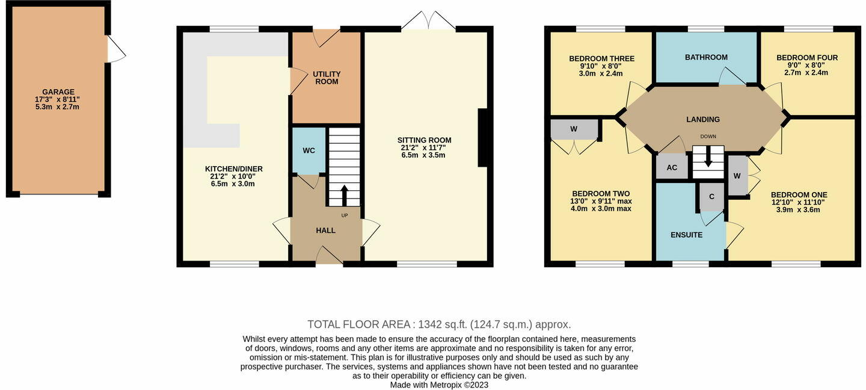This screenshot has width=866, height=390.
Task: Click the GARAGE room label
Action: (58, 91)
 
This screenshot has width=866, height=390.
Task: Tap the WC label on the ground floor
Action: (309, 150)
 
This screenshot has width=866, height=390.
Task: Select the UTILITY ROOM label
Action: (327, 78)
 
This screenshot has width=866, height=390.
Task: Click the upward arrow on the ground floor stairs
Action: (345, 195)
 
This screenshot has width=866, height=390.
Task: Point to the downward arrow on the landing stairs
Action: (708, 158)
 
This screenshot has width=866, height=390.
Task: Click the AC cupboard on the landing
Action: (672, 167)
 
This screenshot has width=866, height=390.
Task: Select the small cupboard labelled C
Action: (711, 197)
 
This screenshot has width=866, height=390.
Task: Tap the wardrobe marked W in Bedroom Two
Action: (574, 129)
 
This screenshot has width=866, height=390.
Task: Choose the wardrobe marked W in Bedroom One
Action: (737, 176)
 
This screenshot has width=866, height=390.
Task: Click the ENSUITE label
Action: (686, 235)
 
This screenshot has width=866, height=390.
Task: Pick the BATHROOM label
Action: (706, 57)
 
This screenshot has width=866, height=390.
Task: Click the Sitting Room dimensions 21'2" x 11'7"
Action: (424, 147)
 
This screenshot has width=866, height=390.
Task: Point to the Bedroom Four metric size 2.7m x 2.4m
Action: (806, 73)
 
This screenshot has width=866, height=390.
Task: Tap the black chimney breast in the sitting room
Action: (482, 137)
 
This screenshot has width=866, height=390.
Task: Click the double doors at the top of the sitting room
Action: (428, 22)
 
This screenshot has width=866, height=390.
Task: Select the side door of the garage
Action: (115, 49)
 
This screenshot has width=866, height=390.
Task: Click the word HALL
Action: (326, 231)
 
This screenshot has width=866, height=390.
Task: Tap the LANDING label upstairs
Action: (703, 119)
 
